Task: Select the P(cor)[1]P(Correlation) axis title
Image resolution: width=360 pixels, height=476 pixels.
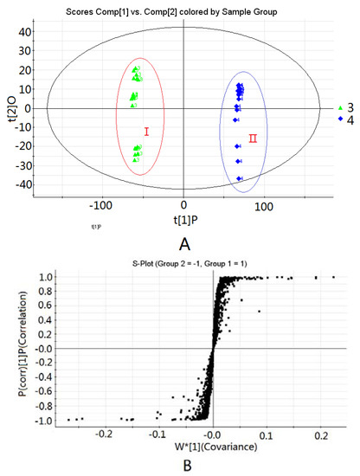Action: (x=12, y=350)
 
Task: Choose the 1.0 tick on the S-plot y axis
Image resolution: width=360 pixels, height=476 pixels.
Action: (x=35, y=278)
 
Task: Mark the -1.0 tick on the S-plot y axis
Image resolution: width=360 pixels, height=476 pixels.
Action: (x=33, y=421)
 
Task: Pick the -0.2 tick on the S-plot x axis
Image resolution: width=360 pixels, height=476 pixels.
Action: (x=104, y=434)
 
